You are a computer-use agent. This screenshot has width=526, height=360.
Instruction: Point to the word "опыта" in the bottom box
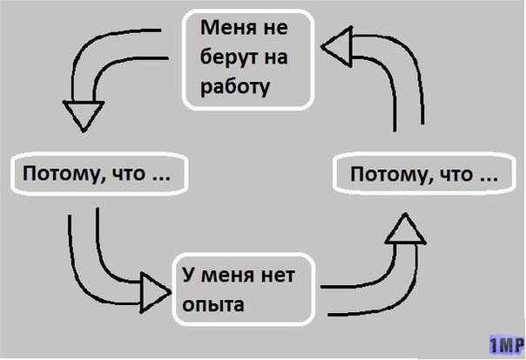(212, 306)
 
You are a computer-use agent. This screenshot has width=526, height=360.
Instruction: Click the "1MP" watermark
(504, 343)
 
